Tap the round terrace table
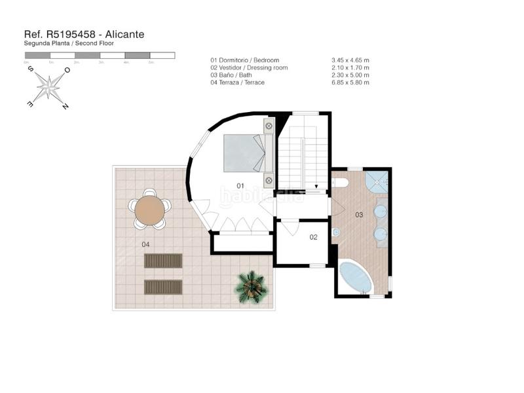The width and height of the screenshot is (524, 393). (x=150, y=210)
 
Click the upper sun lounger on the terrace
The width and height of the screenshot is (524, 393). (x=163, y=261)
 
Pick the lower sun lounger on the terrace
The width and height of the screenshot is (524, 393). (x=163, y=287)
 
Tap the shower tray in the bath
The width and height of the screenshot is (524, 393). (x=376, y=181)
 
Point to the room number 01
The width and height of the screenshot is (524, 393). (x=240, y=186)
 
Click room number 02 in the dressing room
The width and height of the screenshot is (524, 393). (x=313, y=237)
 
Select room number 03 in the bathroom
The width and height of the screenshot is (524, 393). (x=359, y=215)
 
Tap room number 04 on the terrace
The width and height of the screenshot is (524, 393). (x=145, y=244)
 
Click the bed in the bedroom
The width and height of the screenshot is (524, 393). (x=245, y=153)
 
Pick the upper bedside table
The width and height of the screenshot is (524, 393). (x=269, y=125)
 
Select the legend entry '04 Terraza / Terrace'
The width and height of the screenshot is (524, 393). (x=238, y=83)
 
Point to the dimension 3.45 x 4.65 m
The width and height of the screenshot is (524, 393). (x=350, y=60)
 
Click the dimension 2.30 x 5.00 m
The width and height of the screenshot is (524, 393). (x=350, y=75)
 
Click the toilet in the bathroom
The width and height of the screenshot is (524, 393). (x=336, y=233)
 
